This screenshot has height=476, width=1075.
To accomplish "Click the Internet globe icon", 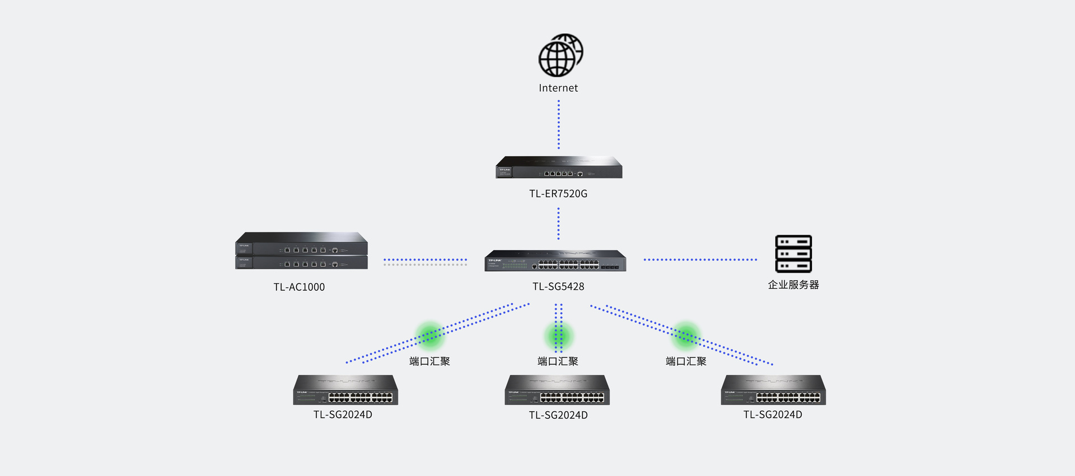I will (560, 55).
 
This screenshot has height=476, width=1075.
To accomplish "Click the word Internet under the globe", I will (558, 88).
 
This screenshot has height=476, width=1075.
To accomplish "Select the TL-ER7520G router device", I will (559, 168).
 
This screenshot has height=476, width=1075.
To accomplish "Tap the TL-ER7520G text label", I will (558, 194).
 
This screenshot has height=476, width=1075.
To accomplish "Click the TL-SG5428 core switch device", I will (555, 261).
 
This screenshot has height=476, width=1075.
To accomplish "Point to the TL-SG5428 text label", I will (558, 286).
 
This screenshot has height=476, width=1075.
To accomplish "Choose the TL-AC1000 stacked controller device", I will (301, 251).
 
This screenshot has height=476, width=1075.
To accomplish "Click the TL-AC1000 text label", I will (299, 287).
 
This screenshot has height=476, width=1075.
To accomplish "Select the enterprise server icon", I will (793, 254).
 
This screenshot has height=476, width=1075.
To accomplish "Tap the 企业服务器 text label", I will (793, 285).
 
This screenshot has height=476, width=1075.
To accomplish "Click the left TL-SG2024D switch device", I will (345, 390).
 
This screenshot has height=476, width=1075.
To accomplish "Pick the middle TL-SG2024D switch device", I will (557, 390).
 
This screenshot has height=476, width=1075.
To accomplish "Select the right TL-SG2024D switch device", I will (773, 390).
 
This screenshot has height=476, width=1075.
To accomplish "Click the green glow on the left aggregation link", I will (429, 335).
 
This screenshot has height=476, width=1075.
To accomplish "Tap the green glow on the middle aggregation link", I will (558, 336).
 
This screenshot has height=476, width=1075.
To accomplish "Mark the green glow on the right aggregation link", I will (686, 335).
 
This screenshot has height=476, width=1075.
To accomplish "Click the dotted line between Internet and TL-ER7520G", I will (558, 124).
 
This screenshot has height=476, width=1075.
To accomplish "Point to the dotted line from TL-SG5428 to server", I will (700, 260).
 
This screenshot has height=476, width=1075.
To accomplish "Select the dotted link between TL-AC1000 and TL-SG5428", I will (425, 260).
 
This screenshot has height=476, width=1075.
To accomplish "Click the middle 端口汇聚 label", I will (558, 361).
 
